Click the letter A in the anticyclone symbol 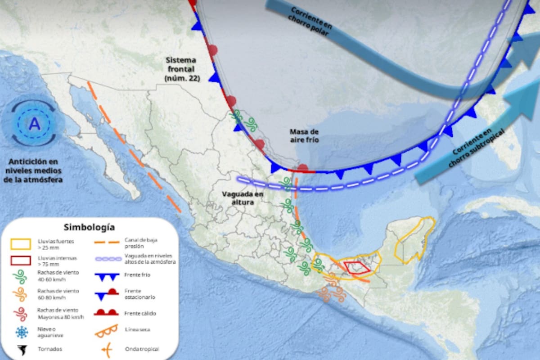pyautogui.click(x=34, y=124)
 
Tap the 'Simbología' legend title pyautogui.click(x=89, y=227)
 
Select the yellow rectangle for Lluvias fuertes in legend pyautogui.click(x=21, y=244)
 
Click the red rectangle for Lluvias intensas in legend pyautogui.click(x=21, y=261)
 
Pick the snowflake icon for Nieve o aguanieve pyautogui.click(x=21, y=332)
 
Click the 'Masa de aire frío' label pyautogui.click(x=304, y=135)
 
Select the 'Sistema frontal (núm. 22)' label pyautogui.click(x=180, y=69)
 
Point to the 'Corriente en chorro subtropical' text pyautogui.click(x=472, y=148)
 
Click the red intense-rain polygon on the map pyautogui.click(x=358, y=268)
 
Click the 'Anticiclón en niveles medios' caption pyautogui.click(x=34, y=171)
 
